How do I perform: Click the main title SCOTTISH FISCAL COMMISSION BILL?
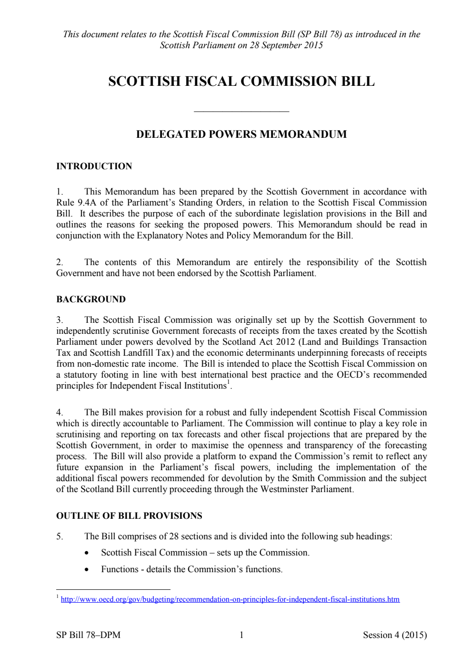pyautogui.click(x=241, y=81)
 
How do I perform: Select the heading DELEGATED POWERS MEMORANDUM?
pyautogui.click(x=241, y=134)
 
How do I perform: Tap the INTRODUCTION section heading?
pyautogui.click(x=94, y=166)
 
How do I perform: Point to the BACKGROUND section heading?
pyautogui.click(x=90, y=299)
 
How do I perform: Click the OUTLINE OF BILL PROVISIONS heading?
pyautogui.click(x=129, y=516)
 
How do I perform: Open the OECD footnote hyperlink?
pyautogui.click(x=230, y=599)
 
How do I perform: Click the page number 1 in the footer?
pyautogui.click(x=241, y=635)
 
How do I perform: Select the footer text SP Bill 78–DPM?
pyautogui.click(x=88, y=635)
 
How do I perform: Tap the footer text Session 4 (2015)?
pyautogui.click(x=394, y=635)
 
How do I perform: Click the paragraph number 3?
pyautogui.click(x=60, y=320)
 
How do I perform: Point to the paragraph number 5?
pyautogui.click(x=60, y=536)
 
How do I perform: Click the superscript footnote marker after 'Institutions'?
pyautogui.click(x=229, y=382)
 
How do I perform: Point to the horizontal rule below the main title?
pyautogui.click(x=241, y=112)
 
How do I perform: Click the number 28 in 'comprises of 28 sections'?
pyautogui.click(x=174, y=536)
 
